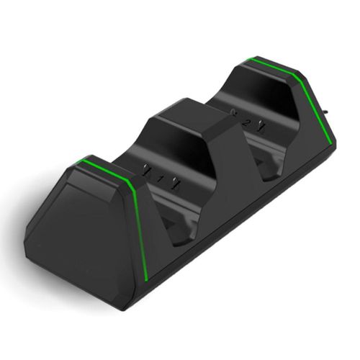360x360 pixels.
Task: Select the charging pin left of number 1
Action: pos(148,173)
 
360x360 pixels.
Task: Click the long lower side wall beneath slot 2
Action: pos(274,216)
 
